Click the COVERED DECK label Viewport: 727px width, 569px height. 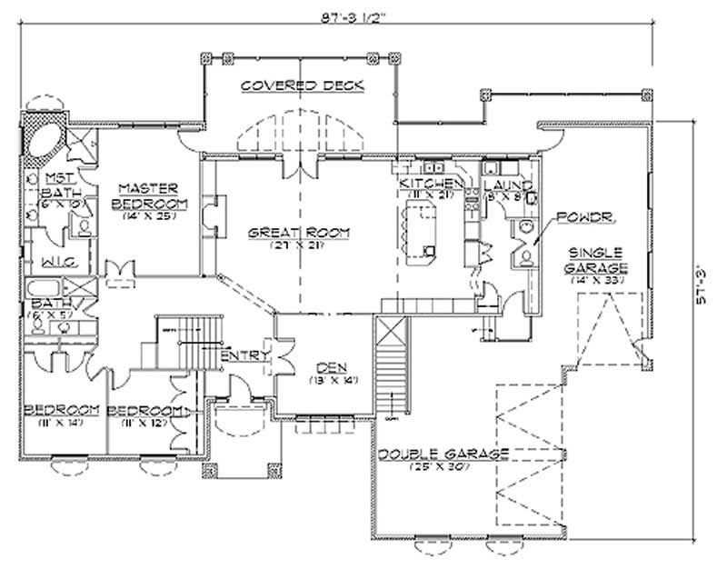click(x=303, y=85)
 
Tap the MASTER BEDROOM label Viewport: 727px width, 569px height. click(x=150, y=195)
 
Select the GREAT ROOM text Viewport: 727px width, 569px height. click(x=299, y=233)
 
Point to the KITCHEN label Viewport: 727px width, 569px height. click(x=431, y=185)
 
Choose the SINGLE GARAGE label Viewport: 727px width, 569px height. click(x=597, y=260)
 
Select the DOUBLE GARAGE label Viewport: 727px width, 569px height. click(x=444, y=454)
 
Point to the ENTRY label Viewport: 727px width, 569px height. click(x=244, y=355)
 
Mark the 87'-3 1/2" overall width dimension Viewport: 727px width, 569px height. click(x=350, y=15)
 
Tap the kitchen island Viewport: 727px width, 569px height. click(x=421, y=232)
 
